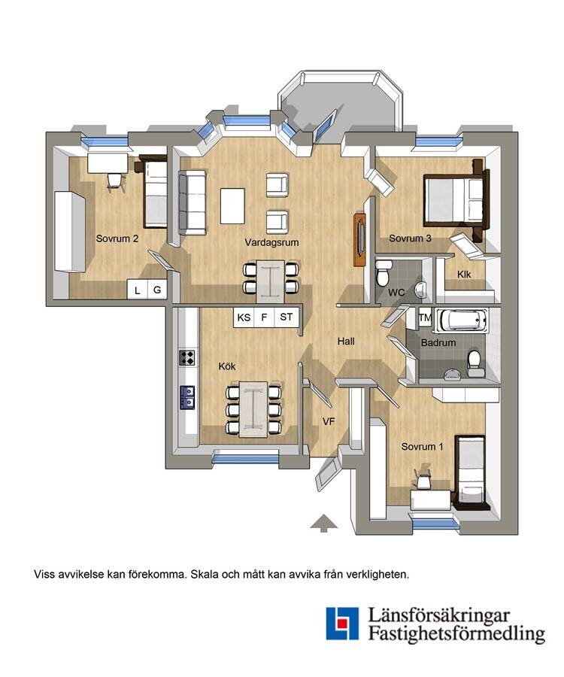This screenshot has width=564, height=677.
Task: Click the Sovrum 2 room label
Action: [117, 238]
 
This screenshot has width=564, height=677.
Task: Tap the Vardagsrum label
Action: [271, 242]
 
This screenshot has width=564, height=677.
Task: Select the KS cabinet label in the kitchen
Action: [244, 317]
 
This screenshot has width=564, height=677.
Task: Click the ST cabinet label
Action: [286, 317]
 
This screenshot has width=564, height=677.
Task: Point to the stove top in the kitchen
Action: [186, 357]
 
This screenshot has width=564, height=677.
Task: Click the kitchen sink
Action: [187, 397]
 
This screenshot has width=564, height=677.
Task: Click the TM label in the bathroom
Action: [425, 317]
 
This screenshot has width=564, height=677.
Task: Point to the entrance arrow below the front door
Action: [323, 523]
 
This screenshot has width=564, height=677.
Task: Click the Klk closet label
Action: [464, 274]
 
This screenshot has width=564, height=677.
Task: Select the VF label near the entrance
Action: [329, 421]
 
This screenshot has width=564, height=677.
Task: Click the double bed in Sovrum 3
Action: [456, 200]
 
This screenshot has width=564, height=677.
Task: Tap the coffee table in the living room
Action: [232, 205]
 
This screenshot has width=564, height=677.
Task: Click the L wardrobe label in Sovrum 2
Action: [137, 290]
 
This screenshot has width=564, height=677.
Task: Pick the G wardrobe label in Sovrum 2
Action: [157, 290]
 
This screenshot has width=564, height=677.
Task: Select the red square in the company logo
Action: [342, 623]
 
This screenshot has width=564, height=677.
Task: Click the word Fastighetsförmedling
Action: [456, 634]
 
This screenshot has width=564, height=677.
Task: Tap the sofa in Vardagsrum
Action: [192, 202]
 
